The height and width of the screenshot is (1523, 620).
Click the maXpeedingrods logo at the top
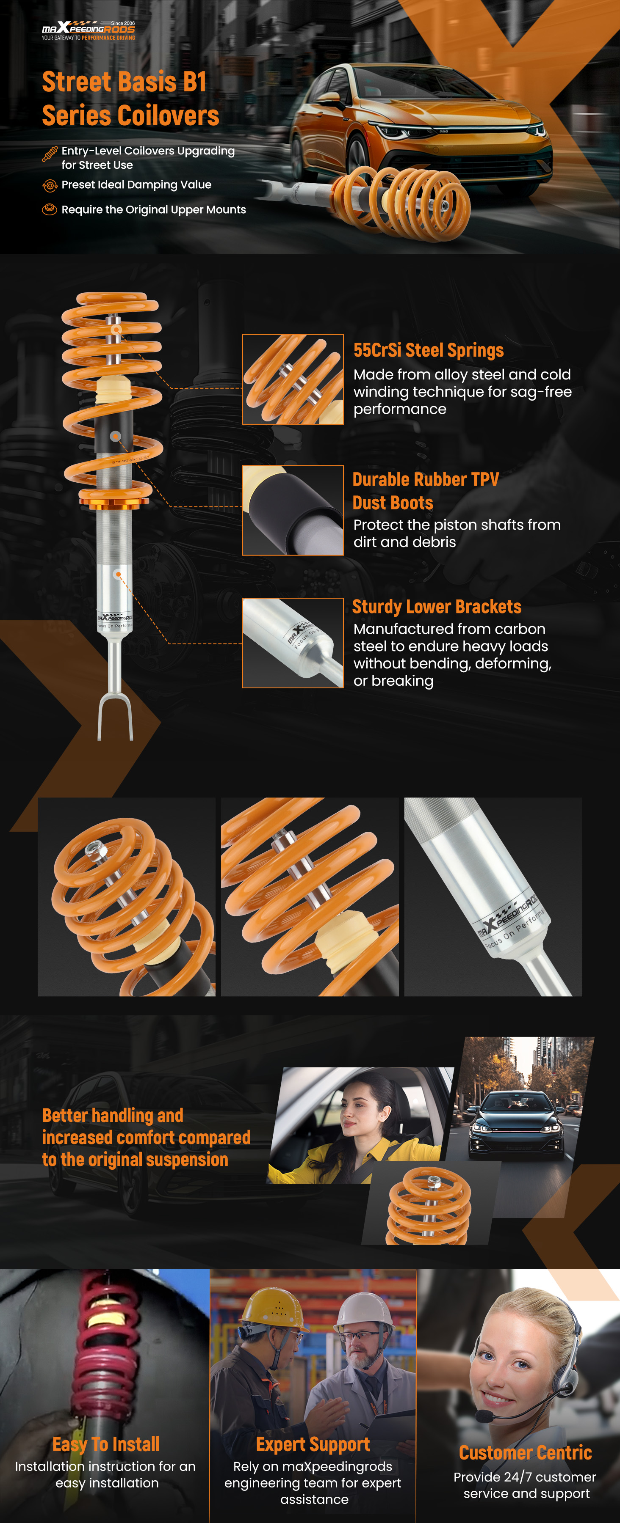[x=88, y=30]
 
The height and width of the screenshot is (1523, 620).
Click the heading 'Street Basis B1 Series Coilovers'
[x=131, y=98]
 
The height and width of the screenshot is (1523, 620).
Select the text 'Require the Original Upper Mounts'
[x=154, y=210]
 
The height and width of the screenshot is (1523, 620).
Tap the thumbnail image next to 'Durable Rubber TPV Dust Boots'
[x=293, y=510]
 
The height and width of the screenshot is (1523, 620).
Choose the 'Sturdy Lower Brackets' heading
[x=437, y=607]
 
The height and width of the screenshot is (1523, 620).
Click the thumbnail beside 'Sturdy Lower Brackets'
[x=293, y=643]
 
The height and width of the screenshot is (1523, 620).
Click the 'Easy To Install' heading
[x=106, y=1444]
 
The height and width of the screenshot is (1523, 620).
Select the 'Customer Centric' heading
[x=525, y=1453]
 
